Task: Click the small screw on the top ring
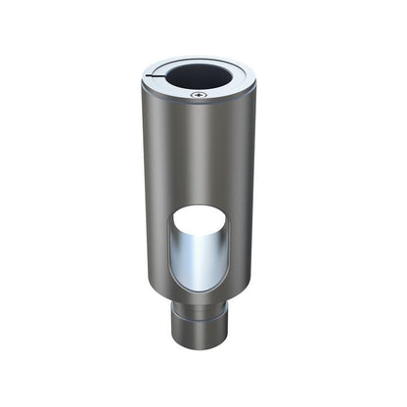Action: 199,94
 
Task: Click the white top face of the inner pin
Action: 202,217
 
